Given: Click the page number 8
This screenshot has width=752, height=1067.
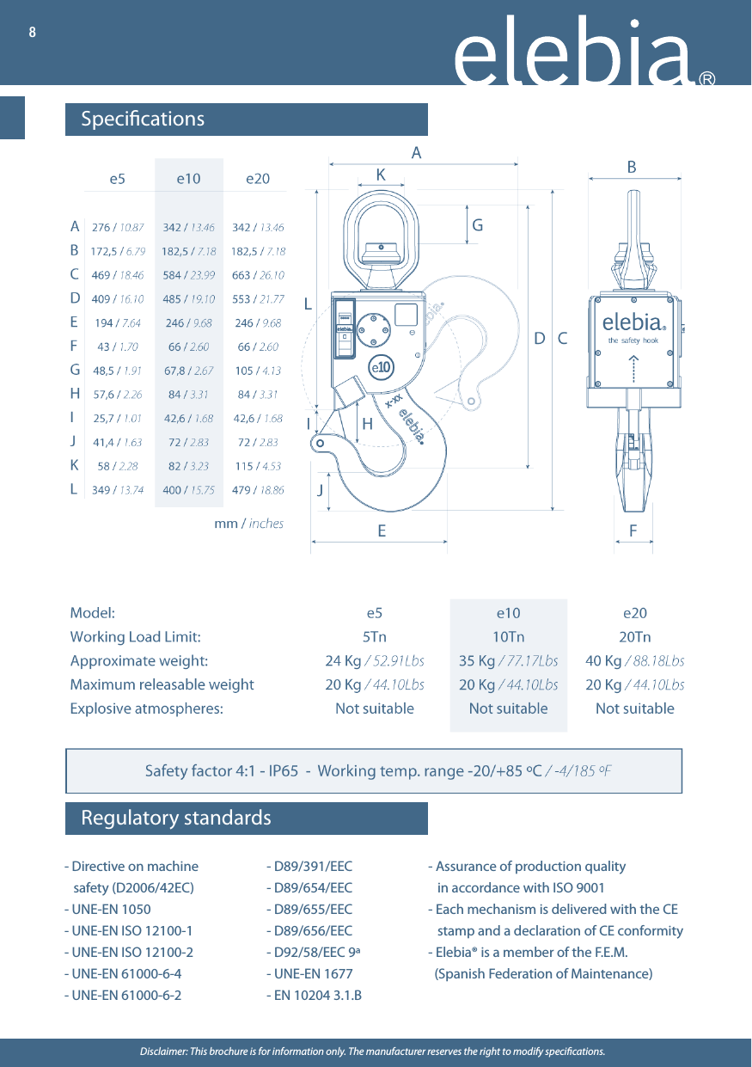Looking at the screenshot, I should (33, 33).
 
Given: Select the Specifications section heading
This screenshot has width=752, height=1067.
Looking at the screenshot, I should (143, 119).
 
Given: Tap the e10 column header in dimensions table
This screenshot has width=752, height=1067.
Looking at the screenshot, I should (188, 179).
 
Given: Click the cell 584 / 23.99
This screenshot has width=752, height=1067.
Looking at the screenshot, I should (188, 276).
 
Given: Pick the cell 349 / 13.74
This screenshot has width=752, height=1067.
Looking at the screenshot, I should (118, 490).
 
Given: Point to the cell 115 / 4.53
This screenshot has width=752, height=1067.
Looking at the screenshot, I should (258, 466).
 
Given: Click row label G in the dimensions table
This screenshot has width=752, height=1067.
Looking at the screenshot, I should (75, 371).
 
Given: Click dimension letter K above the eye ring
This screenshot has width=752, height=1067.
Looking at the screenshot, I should (381, 175).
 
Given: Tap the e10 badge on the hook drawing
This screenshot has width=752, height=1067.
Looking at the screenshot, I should (381, 367).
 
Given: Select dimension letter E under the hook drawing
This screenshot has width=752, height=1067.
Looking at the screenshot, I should (382, 531).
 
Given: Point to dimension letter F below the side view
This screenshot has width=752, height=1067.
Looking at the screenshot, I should (633, 531).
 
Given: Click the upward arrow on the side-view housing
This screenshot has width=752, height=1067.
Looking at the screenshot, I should (633, 369).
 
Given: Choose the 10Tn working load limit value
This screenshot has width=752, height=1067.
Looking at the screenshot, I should (508, 637).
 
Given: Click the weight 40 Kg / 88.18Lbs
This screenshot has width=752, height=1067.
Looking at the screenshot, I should (634, 661).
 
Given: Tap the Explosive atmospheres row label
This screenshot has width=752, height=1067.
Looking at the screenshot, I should (146, 708).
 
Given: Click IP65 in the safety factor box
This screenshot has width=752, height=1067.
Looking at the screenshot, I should (284, 770).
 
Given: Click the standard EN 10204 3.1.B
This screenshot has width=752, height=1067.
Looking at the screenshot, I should (314, 996).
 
